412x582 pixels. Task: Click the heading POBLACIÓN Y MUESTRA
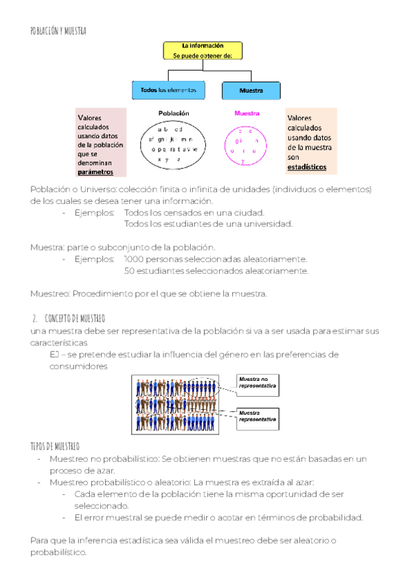pyautogui.click(x=58, y=31)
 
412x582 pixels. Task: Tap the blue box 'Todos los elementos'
pyautogui.click(x=168, y=90)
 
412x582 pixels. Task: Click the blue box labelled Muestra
pyautogui.click(x=251, y=91)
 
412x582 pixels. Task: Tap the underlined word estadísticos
pyautogui.click(x=307, y=167)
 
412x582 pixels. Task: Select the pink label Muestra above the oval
pyautogui.click(x=247, y=113)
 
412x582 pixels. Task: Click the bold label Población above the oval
pyautogui.click(x=173, y=113)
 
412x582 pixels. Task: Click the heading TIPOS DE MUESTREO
pyautogui.click(x=55, y=445)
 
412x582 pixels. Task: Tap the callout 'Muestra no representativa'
pyautogui.click(x=257, y=383)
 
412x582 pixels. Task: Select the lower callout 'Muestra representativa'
pyautogui.click(x=257, y=415)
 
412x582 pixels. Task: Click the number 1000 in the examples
pyautogui.click(x=135, y=259)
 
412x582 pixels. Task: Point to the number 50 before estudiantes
pyautogui.click(x=129, y=271)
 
